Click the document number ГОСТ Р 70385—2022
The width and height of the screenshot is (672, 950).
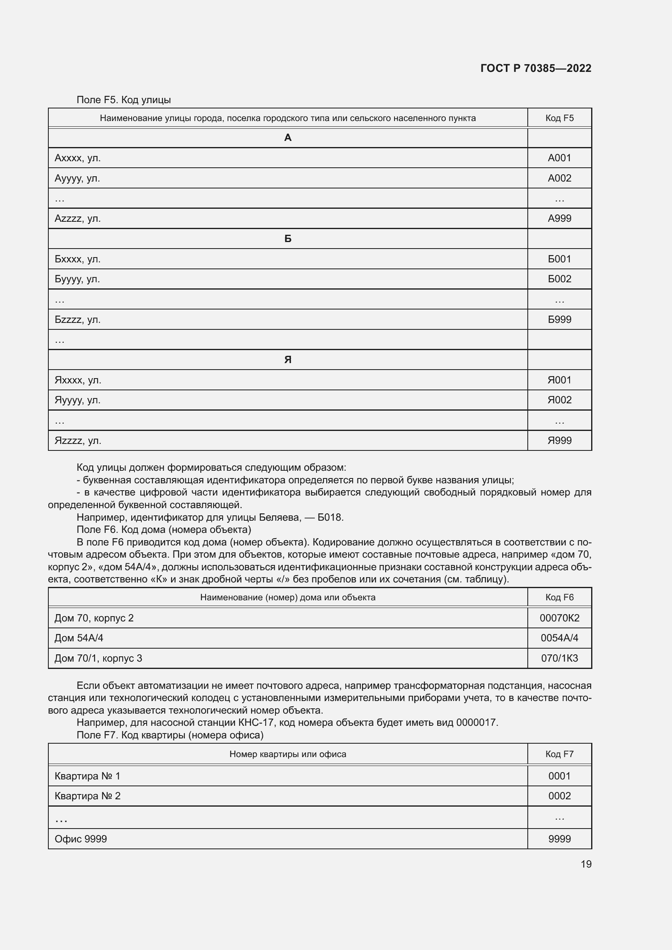(535, 68)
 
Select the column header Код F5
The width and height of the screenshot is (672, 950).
(559, 118)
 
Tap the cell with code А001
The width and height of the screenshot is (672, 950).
(559, 158)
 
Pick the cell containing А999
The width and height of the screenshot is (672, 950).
(559, 219)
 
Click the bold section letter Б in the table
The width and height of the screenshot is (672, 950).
(288, 239)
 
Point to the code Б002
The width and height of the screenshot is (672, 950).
(559, 279)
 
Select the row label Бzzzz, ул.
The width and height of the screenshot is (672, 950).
(77, 320)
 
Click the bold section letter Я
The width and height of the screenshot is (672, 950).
(288, 359)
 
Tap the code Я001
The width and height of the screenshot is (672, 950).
(559, 380)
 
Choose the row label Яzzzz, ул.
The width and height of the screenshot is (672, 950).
(78, 441)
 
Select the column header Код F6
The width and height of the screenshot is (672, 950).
(559, 597)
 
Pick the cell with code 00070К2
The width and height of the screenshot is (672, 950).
(559, 618)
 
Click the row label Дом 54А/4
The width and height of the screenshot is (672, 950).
(79, 638)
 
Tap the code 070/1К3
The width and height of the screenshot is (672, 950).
(559, 658)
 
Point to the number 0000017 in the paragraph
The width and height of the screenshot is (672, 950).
(476, 723)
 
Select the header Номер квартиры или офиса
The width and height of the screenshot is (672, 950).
(288, 754)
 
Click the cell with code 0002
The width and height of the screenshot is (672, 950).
(559, 796)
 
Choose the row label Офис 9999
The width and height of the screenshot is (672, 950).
(81, 839)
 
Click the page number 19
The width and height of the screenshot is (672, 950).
(586, 864)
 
